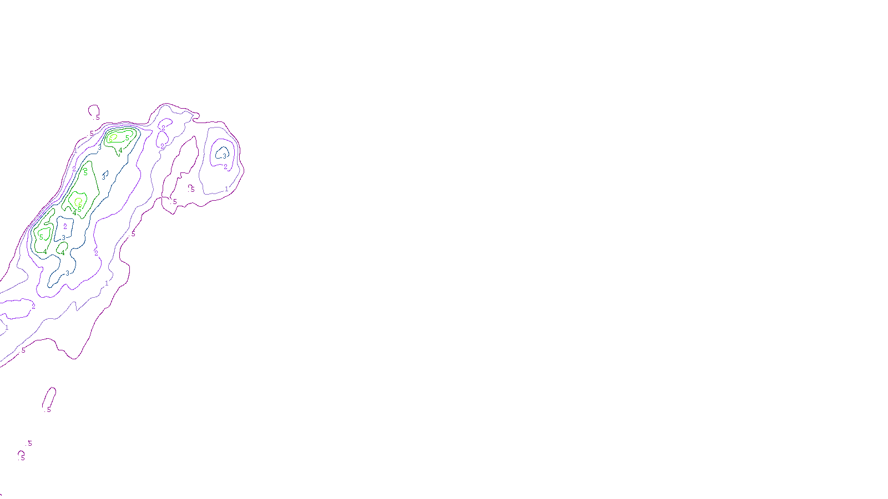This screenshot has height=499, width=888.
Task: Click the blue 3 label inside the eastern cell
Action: point(224,156)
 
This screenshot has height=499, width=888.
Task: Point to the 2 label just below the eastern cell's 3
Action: point(225,167)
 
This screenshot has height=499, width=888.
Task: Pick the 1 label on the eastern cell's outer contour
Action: point(226,189)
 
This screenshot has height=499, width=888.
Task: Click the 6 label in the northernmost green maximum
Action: point(111,139)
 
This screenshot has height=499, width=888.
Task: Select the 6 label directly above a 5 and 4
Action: point(80,205)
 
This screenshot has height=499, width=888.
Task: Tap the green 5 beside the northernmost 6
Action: point(127,138)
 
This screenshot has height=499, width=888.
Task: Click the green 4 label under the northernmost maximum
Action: point(120,150)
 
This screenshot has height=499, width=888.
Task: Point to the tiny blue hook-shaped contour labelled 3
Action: point(104,175)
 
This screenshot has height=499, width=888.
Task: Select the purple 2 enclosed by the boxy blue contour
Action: point(65,226)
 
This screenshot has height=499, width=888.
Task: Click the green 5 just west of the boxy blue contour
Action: point(41,237)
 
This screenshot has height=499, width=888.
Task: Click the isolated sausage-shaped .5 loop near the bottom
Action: point(49,398)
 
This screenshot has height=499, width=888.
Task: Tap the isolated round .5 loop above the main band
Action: point(94,110)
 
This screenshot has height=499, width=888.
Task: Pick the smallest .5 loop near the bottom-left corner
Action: point(21,455)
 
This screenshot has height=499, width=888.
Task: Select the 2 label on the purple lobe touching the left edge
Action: point(33,306)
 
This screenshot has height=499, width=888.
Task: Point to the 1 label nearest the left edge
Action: point(7,328)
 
